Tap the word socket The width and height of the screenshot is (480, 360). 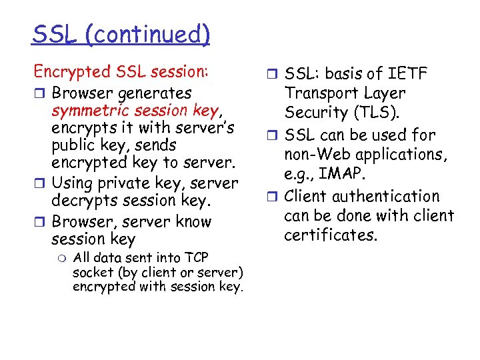92,272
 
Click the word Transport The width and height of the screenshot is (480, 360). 323,93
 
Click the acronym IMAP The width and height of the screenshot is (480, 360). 347,175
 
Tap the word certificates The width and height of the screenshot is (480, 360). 330,235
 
